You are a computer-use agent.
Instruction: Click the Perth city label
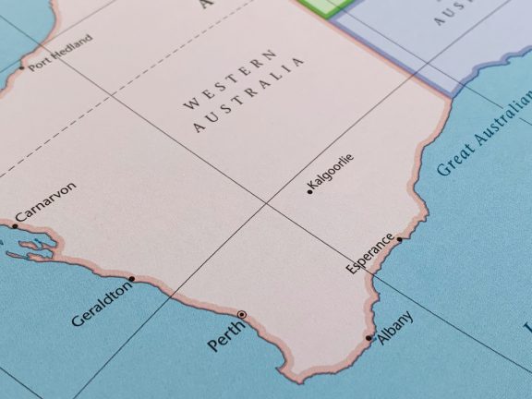225,334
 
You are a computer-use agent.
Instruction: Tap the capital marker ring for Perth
242,315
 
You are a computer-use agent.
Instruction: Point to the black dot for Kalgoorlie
309,192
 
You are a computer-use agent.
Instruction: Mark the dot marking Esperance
400,239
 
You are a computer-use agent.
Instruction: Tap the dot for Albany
369,338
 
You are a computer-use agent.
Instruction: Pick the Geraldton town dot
132,278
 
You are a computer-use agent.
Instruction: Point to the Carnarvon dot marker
15,225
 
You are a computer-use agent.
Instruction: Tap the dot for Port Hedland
21,66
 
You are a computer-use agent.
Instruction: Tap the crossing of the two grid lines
267,202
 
